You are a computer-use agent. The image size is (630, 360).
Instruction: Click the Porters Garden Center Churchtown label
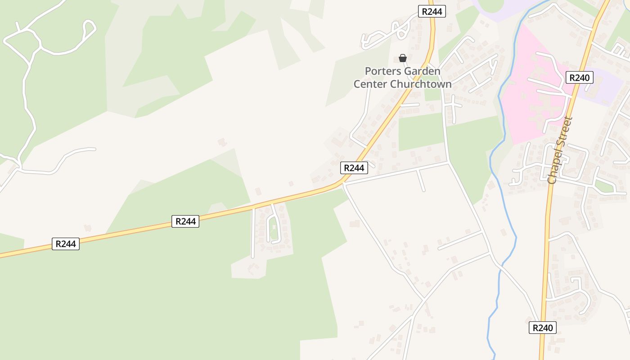point(403,77)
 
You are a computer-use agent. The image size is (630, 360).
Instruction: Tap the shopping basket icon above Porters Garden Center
point(403,58)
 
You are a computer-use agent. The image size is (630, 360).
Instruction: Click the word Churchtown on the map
point(421,84)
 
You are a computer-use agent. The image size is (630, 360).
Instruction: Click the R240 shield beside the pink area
point(579,77)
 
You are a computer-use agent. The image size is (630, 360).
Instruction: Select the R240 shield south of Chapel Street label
point(542,328)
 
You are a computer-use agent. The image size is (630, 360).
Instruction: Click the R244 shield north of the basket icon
point(432,12)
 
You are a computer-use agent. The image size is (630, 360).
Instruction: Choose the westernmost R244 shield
point(66,244)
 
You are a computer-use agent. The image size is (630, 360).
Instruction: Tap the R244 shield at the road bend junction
point(354,168)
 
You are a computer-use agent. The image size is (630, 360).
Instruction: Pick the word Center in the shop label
point(371,84)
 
